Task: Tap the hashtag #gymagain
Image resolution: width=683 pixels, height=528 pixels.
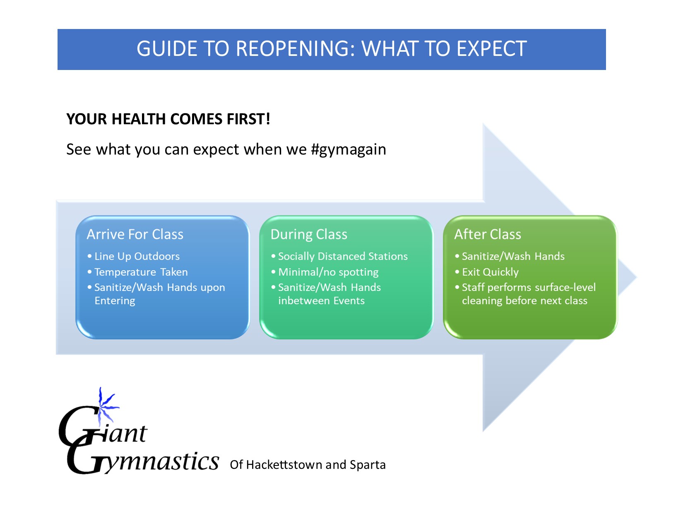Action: [348, 149]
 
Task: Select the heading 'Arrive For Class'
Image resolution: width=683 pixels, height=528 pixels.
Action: [135, 234]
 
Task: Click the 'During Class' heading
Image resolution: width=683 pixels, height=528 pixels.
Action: [309, 234]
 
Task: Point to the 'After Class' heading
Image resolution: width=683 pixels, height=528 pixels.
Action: [488, 234]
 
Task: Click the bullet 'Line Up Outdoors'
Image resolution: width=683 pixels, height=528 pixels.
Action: [137, 257]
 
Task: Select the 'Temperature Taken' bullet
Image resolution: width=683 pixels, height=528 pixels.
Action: [141, 272]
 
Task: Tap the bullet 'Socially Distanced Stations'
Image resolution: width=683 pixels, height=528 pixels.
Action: [343, 257]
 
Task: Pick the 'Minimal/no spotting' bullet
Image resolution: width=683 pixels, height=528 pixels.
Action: [328, 272]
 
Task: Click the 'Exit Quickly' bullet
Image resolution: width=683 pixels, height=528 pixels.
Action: [491, 272]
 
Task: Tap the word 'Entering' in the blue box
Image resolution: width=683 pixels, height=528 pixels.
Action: [115, 301]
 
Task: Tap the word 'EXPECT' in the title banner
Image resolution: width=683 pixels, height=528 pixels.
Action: [492, 49]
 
